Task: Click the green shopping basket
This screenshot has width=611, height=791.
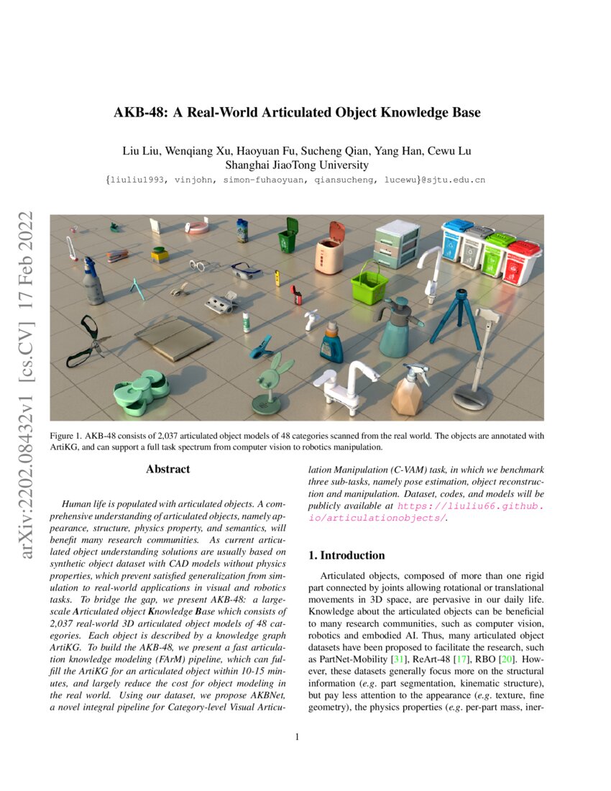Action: (369, 285)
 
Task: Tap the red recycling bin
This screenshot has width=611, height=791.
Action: (523, 262)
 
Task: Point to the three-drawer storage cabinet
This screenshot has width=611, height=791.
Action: (397, 243)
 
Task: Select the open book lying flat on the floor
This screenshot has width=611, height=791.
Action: (173, 338)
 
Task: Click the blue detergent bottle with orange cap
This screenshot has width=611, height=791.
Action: (331, 342)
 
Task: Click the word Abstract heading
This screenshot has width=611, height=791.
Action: (167, 470)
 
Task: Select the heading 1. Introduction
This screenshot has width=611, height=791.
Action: (346, 555)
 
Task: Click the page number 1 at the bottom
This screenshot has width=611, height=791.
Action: (297, 736)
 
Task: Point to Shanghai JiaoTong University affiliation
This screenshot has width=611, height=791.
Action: (296, 164)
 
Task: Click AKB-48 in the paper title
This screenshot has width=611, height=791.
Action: (139, 113)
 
